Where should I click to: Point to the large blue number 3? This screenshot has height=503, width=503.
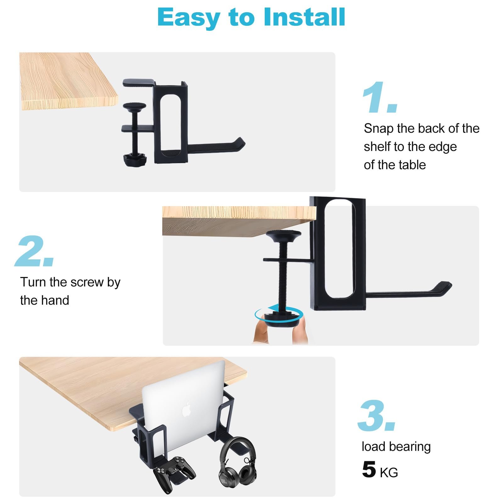(x=377, y=416)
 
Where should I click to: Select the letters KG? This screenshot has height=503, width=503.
(x=389, y=473)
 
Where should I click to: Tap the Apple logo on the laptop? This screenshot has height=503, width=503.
(x=186, y=409)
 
